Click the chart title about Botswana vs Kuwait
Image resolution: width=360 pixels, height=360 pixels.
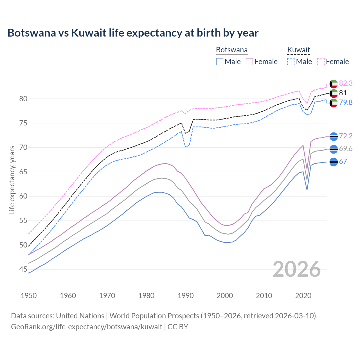coord(133,33)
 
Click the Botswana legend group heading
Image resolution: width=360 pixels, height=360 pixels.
coord(232,50)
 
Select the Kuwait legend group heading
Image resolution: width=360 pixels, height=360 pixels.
coord(298,50)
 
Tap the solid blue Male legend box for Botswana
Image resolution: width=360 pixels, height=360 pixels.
coord(220,62)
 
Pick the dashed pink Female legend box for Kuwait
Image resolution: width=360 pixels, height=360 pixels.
coord(321,62)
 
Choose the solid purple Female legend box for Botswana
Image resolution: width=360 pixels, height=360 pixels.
coord(249,62)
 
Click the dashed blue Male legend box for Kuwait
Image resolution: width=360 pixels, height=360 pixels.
coord(291,62)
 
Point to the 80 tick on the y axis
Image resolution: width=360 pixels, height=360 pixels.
coord(23,99)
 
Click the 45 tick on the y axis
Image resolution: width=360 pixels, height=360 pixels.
coord(23,269)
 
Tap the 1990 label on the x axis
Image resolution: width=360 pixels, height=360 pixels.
coord(186,296)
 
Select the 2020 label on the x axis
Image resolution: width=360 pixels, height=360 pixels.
coord(303,296)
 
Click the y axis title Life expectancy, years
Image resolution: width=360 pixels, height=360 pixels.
coord(12,180)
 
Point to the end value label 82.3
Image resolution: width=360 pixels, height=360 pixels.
coord(346,83)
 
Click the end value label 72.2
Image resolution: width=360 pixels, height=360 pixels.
coord(346,136)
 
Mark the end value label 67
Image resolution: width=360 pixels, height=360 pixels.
coord(343,161)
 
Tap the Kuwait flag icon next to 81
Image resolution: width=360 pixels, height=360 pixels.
coord(334,93)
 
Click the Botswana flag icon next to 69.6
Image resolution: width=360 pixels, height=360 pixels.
coord(334,149)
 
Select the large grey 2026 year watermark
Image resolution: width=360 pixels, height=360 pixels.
coord(297,269)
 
